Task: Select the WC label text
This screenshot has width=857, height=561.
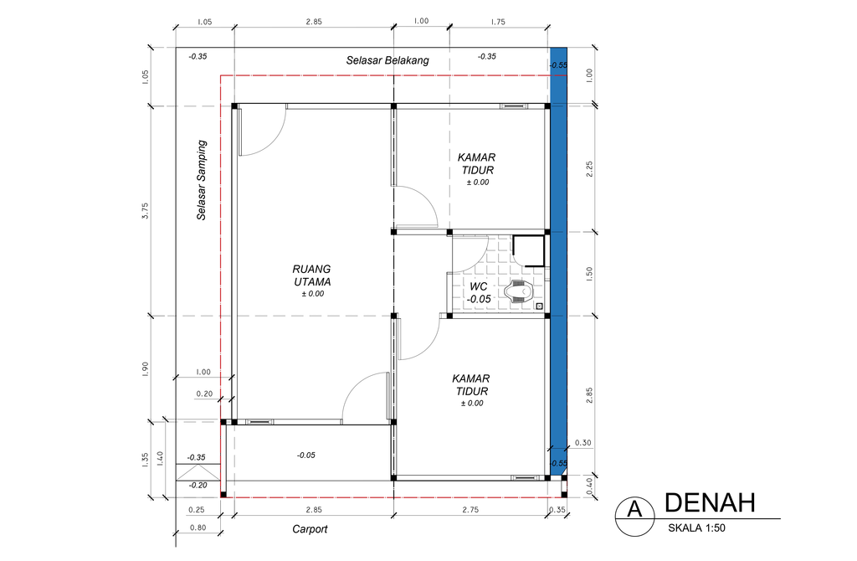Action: (x=479, y=292)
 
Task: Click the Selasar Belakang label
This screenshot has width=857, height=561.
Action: (x=387, y=60)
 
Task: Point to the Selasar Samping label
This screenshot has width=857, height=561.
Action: (x=202, y=180)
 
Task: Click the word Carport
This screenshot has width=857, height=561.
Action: (x=310, y=529)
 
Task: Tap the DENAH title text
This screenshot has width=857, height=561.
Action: (x=710, y=502)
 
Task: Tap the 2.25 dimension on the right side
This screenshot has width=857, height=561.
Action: (x=589, y=169)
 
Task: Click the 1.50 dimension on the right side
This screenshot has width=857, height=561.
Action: (x=589, y=274)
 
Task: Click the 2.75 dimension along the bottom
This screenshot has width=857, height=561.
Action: (x=473, y=509)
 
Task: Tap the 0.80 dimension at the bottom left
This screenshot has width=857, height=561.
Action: (x=198, y=528)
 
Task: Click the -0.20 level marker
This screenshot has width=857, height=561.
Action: (x=198, y=485)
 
